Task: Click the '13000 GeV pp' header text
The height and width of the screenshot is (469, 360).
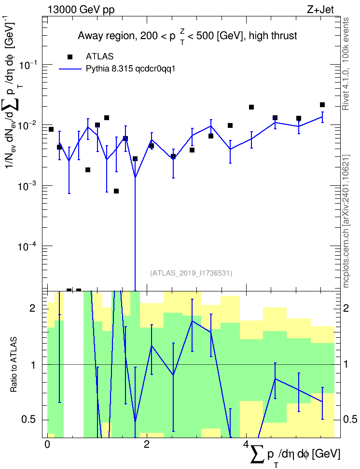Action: [81, 10]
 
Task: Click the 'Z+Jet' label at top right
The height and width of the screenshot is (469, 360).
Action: [320, 10]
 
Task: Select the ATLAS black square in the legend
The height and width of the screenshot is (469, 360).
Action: [70, 57]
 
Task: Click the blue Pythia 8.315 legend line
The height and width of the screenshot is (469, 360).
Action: [70, 69]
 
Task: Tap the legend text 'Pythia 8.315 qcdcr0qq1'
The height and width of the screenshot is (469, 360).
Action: [130, 69]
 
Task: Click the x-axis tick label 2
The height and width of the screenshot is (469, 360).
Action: [147, 444]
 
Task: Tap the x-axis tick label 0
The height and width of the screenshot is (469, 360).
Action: [47, 444]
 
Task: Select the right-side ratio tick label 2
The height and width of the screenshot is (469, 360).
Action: [346, 308]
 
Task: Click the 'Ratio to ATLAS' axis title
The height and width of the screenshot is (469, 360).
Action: [14, 364]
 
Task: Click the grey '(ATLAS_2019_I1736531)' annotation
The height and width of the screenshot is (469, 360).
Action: [191, 273]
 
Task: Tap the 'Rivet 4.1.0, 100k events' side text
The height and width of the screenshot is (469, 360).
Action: [346, 64]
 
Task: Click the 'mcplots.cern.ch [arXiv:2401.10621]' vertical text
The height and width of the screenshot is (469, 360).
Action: [346, 221]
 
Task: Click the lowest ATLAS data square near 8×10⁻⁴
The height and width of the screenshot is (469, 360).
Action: [116, 191]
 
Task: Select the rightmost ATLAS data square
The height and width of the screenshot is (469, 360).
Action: [322, 105]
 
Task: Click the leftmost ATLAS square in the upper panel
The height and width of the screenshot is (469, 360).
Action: [51, 129]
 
